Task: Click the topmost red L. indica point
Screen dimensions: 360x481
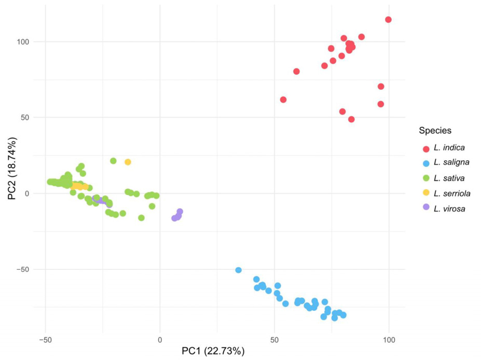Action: pyautogui.click(x=388, y=20)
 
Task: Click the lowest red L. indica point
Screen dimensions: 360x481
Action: pyautogui.click(x=351, y=119)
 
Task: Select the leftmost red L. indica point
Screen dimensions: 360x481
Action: pyautogui.click(x=283, y=100)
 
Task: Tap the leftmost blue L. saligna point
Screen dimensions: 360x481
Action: pyautogui.click(x=239, y=270)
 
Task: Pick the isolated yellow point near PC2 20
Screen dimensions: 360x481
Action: pyautogui.click(x=128, y=162)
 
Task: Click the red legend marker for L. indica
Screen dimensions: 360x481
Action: pyautogui.click(x=426, y=149)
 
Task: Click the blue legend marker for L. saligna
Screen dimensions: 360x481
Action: pyautogui.click(x=426, y=163)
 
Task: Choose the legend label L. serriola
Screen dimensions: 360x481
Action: pyautogui.click(x=453, y=193)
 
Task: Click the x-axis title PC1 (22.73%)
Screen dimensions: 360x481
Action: pyautogui.click(x=213, y=351)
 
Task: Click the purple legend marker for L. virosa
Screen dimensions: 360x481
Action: pyautogui.click(x=426, y=207)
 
